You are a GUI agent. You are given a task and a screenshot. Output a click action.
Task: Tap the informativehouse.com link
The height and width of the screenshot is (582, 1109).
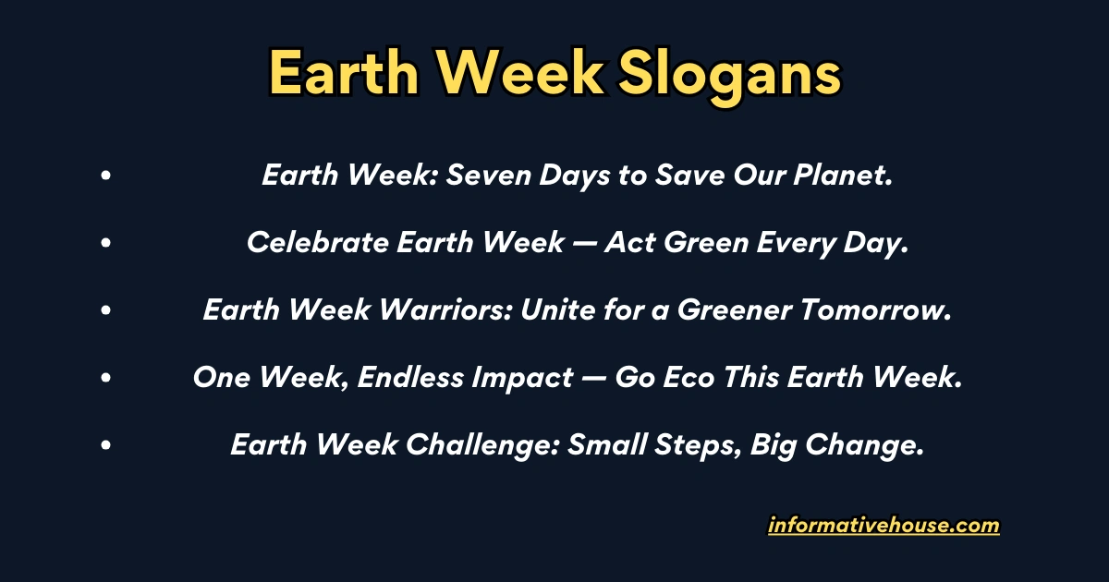tap(884, 526)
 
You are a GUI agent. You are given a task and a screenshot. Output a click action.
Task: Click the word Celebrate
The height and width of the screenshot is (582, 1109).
tap(318, 243)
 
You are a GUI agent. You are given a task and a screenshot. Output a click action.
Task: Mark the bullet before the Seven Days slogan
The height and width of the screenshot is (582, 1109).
tap(107, 176)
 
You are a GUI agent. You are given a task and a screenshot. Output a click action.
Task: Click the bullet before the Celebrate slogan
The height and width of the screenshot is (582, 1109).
tap(107, 243)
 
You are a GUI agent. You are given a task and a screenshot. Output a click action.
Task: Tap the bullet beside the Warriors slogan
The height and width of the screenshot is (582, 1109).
tap(107, 310)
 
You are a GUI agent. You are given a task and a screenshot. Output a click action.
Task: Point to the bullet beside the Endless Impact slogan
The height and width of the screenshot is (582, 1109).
tap(107, 378)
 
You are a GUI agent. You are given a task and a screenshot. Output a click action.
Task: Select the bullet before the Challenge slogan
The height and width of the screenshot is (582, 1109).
tap(107, 445)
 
